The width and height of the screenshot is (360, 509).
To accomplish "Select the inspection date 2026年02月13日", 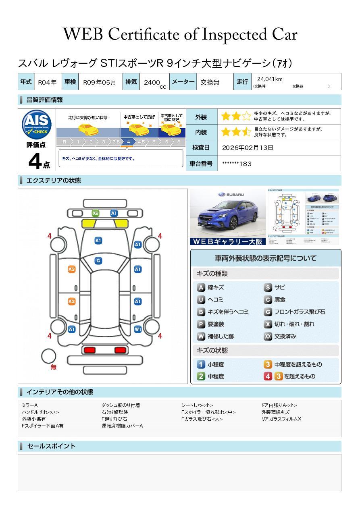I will point(248,148).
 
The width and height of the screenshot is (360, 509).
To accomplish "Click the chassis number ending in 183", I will point(237,164).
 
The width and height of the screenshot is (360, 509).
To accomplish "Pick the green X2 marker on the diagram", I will point(96,213).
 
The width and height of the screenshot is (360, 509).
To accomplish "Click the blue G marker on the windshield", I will point(98,261).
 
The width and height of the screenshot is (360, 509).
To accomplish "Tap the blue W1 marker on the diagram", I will point(138,329).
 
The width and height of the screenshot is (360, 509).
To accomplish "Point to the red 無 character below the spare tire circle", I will point(54,367).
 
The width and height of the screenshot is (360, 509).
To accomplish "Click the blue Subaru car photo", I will point(227,216).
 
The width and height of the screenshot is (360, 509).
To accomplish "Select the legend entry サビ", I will point(279,287).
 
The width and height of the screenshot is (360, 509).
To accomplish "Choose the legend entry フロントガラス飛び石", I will point(299,312).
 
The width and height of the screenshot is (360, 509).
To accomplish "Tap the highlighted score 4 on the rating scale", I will point(128,142).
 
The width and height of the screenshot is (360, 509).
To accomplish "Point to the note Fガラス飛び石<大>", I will point(202,419).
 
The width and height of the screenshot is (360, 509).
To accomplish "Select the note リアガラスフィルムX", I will point(281,419).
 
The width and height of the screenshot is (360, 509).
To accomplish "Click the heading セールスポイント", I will point(51,446).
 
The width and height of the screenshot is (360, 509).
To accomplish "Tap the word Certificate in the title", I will point(145,35).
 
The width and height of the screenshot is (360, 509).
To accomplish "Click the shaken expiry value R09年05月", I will point(100,82).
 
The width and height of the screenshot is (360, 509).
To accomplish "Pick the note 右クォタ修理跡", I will point(115,412).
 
